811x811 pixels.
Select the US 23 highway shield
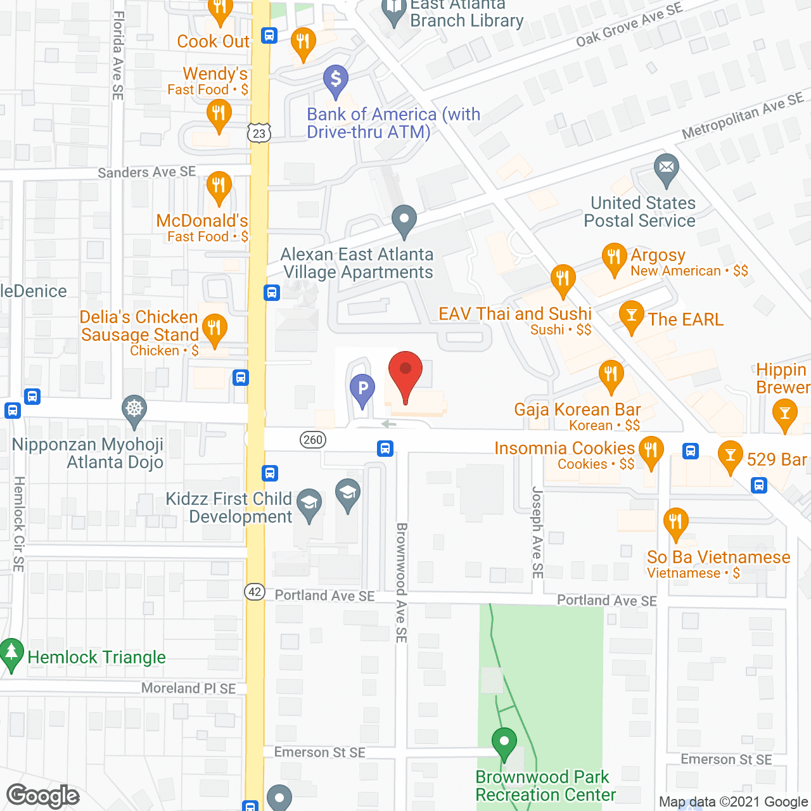[x=259, y=133]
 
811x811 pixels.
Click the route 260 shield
[x=313, y=440]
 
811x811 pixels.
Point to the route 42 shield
[x=255, y=592]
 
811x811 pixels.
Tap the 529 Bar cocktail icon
[x=730, y=456]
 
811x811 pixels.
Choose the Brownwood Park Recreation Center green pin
[x=504, y=742]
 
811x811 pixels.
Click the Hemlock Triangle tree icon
[x=11, y=653]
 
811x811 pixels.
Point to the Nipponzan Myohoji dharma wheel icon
[x=134, y=409]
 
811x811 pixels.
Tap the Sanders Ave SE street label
[x=147, y=172]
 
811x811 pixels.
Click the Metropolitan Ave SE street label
[x=743, y=116]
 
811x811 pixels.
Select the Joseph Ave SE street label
[x=537, y=532]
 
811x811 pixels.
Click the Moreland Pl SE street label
[x=188, y=688]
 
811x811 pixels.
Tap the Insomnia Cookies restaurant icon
[x=651, y=450]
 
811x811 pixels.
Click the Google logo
[x=43, y=796]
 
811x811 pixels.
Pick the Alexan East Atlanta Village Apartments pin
[x=404, y=220]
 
